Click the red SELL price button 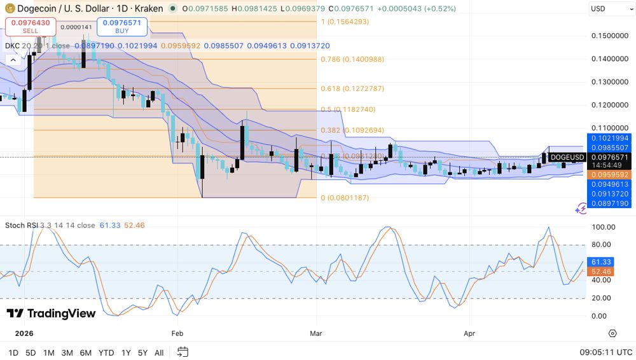[31, 26]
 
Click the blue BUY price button [123, 26]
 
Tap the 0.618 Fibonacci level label [352, 89]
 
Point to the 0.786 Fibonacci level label [352, 59]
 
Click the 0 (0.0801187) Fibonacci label [344, 198]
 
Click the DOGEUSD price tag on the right [567, 157]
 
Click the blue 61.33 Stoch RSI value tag [600, 262]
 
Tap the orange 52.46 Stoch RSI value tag [600, 272]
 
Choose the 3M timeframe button [67, 352]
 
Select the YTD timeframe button [106, 352]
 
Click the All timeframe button [159, 352]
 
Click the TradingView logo [51, 314]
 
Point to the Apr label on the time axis [469, 333]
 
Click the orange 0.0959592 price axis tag [609, 175]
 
